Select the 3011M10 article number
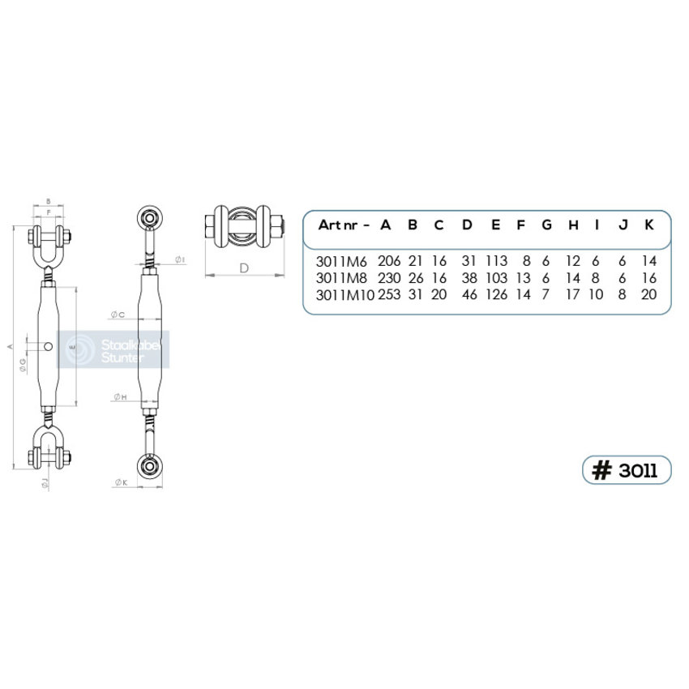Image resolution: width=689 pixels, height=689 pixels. (344, 295)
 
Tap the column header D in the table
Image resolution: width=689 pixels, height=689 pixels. (467, 225)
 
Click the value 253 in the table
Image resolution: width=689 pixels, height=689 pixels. (389, 295)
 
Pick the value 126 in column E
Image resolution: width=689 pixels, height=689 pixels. (495, 295)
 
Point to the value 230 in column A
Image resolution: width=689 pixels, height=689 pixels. (389, 278)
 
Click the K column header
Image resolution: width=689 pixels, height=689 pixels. (648, 225)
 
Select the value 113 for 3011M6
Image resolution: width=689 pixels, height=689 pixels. (495, 261)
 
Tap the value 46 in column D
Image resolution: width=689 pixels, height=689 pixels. (468, 295)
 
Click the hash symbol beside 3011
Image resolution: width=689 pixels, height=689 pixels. (601, 470)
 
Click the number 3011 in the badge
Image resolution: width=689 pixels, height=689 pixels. (638, 470)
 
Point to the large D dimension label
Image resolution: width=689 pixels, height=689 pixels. (243, 268)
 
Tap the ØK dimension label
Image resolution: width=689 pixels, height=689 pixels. (122, 483)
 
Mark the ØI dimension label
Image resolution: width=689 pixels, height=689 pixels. (180, 259)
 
